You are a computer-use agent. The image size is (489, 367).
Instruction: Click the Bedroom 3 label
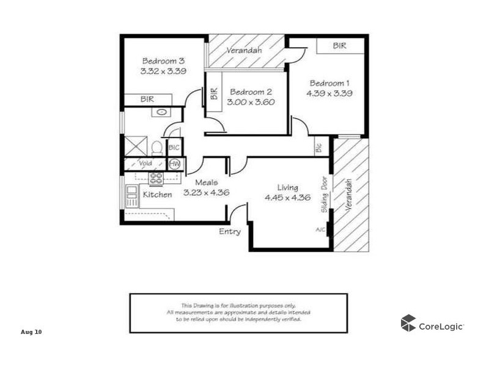tap(163, 61)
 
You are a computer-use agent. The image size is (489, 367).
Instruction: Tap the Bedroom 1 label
tap(329, 83)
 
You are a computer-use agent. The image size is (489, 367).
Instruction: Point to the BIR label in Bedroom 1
tap(340, 46)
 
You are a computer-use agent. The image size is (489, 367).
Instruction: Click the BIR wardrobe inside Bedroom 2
tap(214, 94)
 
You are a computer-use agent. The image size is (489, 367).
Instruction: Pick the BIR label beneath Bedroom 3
tap(147, 99)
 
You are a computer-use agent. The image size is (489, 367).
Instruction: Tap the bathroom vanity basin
tap(161, 113)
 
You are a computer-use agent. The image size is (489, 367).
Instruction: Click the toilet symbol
tap(157, 147)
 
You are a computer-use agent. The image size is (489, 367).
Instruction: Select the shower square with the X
tap(136, 146)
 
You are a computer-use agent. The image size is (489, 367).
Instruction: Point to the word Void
tap(145, 164)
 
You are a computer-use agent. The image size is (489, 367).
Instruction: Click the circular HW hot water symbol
tap(175, 164)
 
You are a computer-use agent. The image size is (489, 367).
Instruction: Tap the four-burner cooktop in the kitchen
tap(156, 179)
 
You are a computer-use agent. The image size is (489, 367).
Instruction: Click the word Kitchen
tap(157, 195)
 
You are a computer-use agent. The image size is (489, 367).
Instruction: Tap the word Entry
tap(230, 232)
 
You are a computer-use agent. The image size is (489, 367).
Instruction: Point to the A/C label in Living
tap(320, 230)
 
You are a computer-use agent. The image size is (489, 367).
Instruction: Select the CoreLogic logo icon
tap(408, 323)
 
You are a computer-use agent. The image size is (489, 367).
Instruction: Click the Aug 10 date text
tap(31, 332)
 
